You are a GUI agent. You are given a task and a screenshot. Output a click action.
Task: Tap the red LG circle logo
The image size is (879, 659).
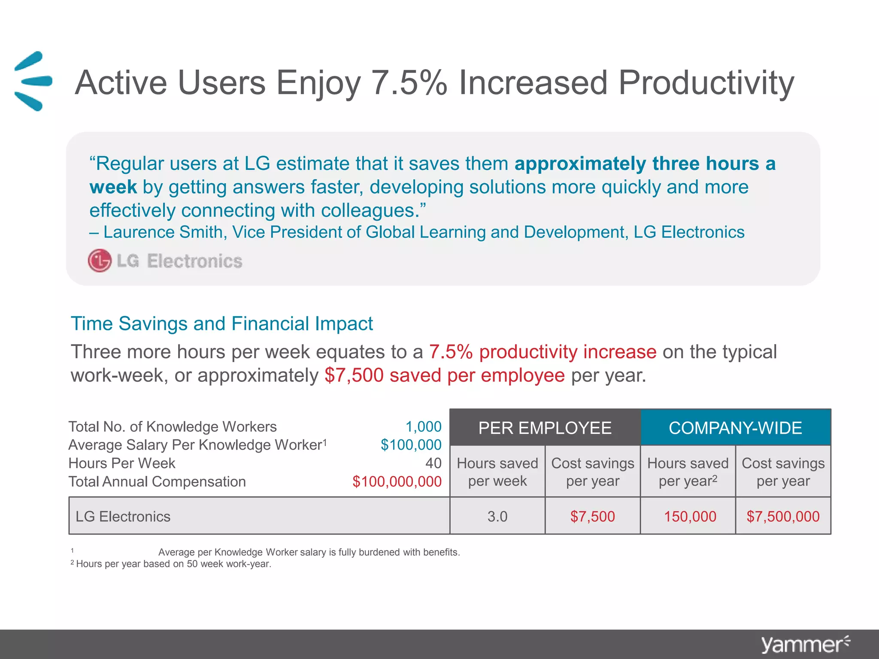tap(100, 260)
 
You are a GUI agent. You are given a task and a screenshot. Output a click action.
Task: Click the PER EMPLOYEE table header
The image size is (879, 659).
tap(545, 428)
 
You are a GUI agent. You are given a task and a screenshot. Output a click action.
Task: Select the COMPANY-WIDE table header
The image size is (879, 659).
tap(735, 428)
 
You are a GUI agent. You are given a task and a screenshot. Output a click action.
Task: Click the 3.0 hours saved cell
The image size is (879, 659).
tap(497, 516)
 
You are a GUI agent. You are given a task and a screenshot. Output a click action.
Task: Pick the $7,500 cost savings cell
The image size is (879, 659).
tap(592, 516)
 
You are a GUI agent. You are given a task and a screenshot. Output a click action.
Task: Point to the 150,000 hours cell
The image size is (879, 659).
tap(690, 516)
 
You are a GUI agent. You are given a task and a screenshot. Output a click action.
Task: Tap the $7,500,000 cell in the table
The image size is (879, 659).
tap(783, 516)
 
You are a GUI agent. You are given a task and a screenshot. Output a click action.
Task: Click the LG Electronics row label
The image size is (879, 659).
tap(123, 516)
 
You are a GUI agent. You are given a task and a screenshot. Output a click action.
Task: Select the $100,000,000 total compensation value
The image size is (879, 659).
tap(397, 481)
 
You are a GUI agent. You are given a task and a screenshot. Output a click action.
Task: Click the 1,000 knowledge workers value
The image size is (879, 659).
tap(423, 426)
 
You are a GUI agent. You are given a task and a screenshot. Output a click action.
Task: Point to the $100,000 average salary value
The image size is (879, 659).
tap(411, 445)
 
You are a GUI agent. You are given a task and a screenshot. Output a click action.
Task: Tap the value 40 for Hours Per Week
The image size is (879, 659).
tap(433, 463)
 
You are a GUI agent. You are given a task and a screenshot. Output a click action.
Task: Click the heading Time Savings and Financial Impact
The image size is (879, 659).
tap(221, 323)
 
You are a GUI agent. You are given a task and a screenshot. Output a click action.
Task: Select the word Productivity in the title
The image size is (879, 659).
tap(706, 83)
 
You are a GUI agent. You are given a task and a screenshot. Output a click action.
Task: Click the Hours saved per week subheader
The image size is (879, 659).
tap(497, 472)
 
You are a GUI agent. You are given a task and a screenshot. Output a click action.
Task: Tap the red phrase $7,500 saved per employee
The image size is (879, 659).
tap(445, 375)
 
